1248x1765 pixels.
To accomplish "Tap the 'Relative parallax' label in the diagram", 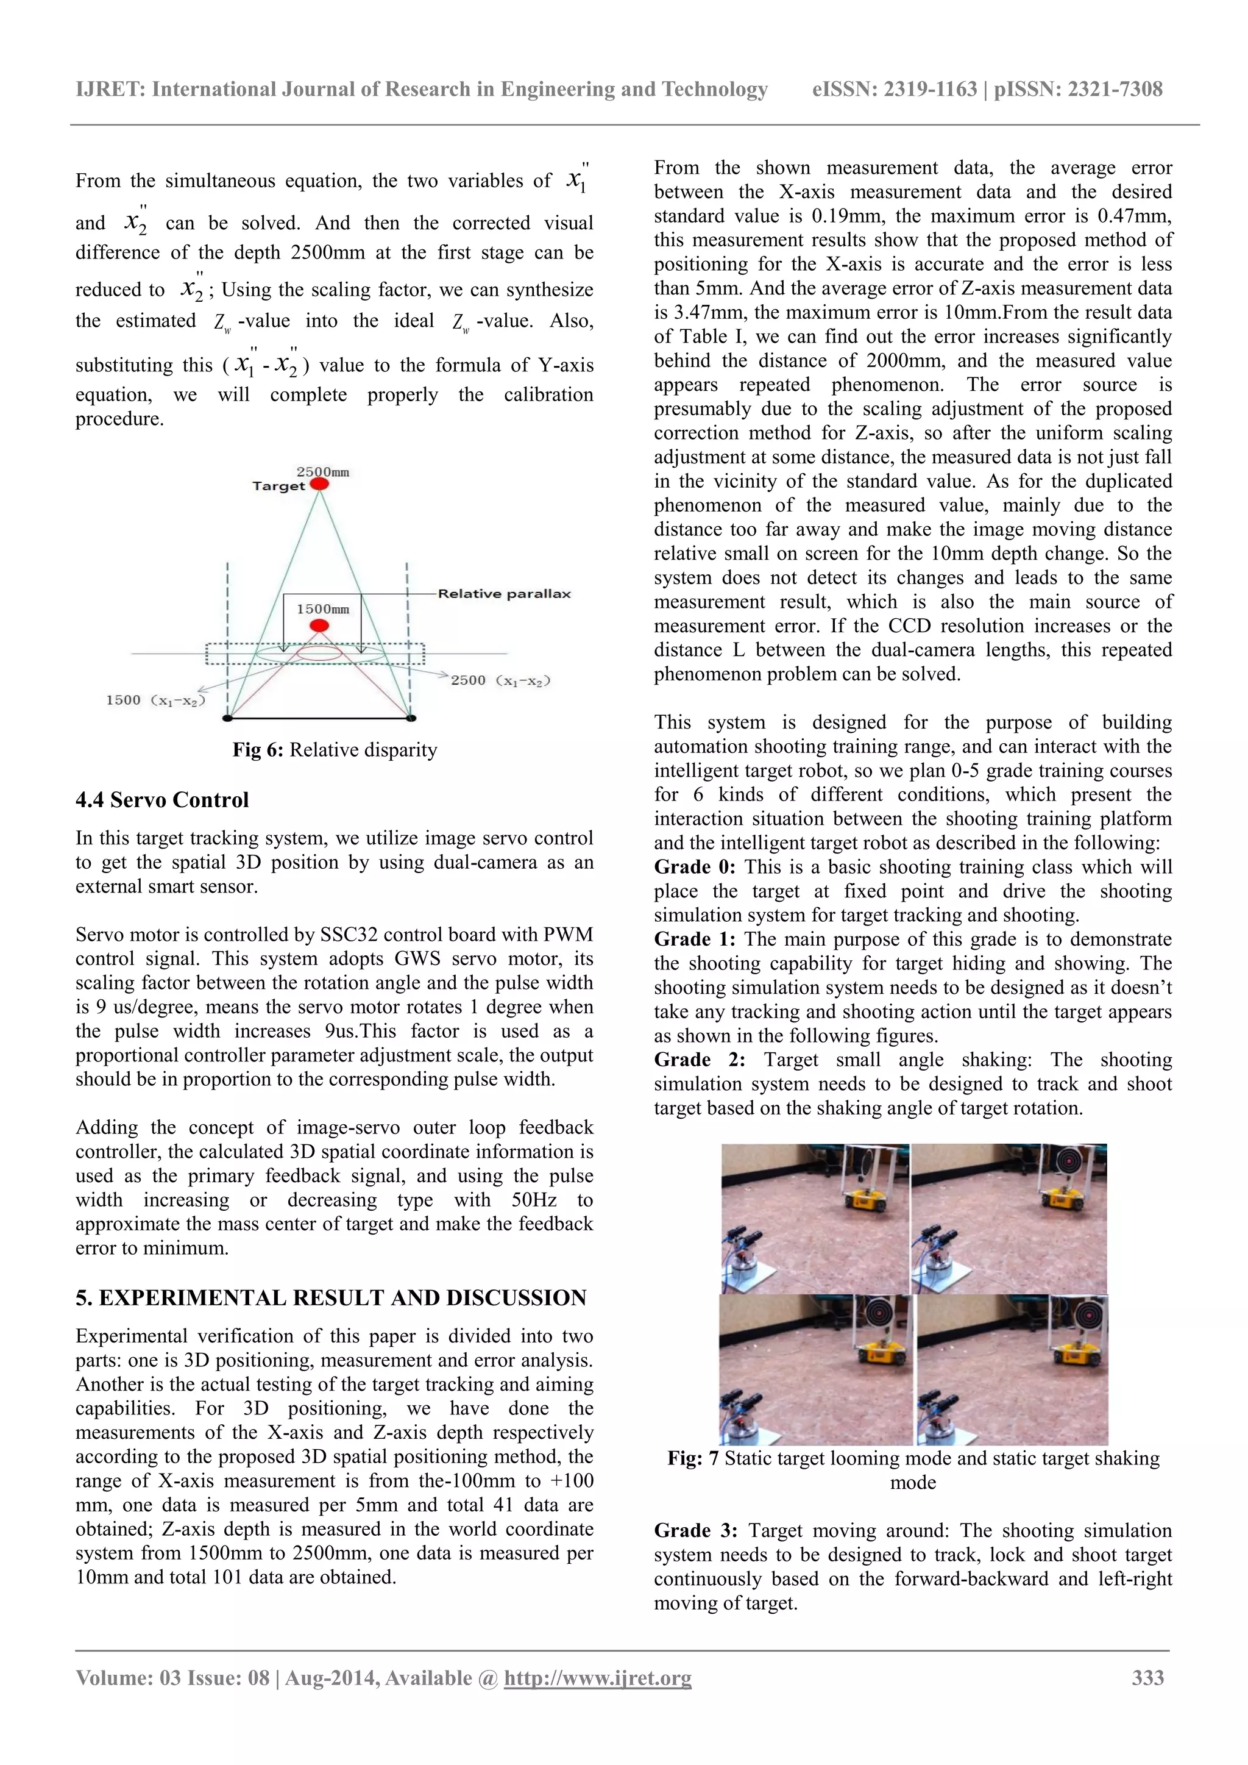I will click(504, 593).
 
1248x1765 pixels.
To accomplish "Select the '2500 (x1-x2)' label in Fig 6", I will click(500, 680).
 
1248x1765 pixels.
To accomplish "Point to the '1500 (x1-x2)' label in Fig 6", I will click(156, 701).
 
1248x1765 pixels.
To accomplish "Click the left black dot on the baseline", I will click(227, 718).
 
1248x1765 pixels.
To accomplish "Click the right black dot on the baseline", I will click(411, 718).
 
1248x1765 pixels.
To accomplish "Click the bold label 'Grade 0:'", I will click(694, 867).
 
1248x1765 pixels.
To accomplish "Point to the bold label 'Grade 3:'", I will click(695, 1530).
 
